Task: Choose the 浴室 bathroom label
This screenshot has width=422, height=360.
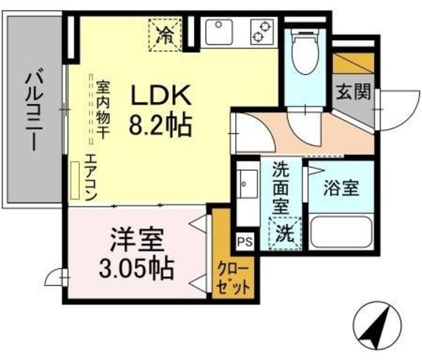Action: pos(342,188)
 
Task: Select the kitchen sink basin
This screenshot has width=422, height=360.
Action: pos(218,30)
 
